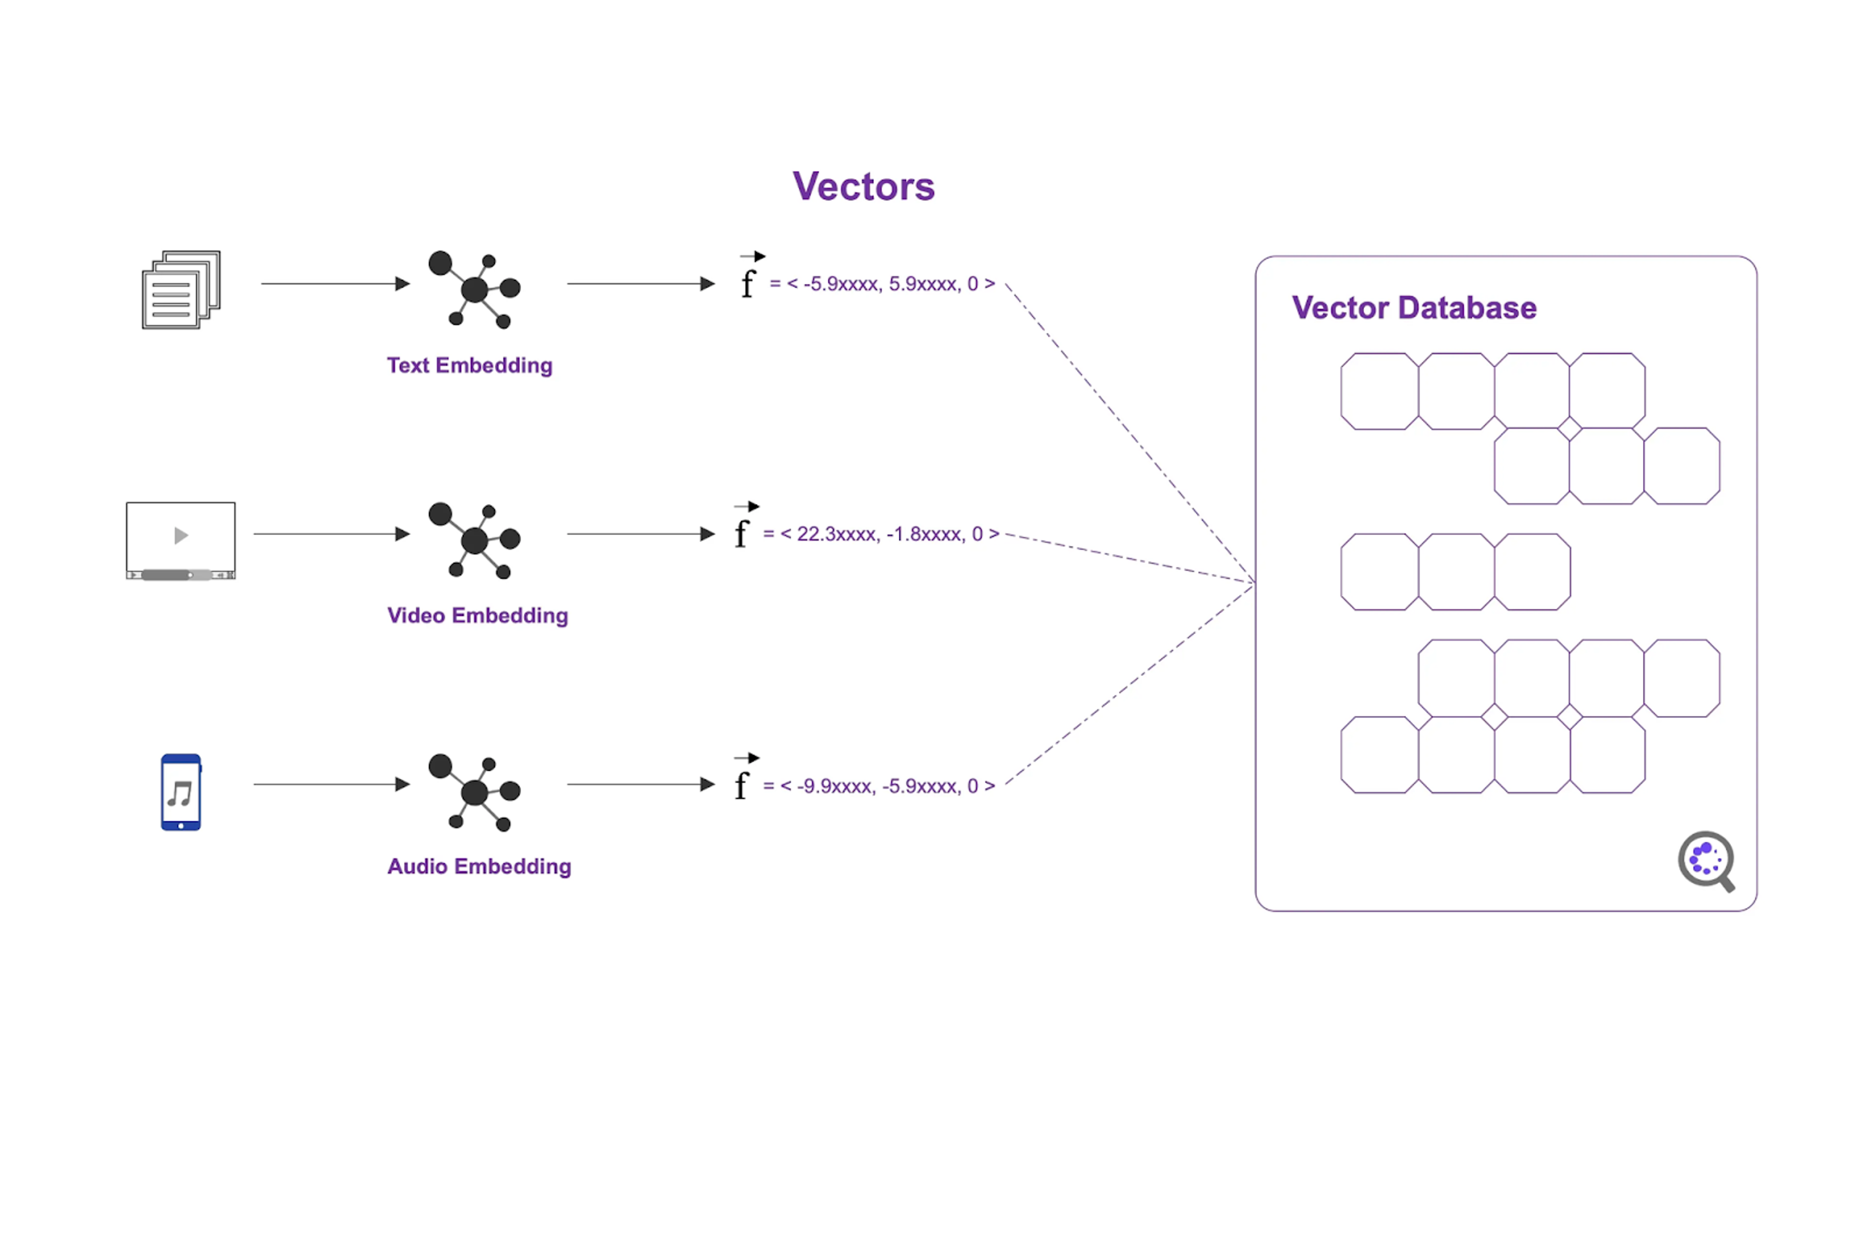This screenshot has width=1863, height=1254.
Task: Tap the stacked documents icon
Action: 181,290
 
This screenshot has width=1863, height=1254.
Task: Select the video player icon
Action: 181,540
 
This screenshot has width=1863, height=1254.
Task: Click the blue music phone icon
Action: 181,792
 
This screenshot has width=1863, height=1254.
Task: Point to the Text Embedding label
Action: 470,365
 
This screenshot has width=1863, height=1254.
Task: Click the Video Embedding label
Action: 477,616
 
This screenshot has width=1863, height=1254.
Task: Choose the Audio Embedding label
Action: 479,867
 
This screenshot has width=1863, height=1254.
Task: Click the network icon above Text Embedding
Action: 474,290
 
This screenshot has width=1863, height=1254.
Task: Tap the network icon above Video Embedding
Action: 474,540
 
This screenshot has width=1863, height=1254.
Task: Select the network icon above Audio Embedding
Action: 474,792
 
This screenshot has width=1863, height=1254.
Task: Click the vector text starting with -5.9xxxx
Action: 882,284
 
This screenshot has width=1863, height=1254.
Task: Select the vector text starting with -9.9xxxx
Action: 879,786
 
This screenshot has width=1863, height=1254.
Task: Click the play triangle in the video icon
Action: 181,535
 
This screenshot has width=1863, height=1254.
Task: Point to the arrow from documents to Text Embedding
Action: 335,284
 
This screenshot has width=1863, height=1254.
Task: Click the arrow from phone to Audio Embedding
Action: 332,784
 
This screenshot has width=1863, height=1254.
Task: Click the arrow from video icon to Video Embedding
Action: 332,534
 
